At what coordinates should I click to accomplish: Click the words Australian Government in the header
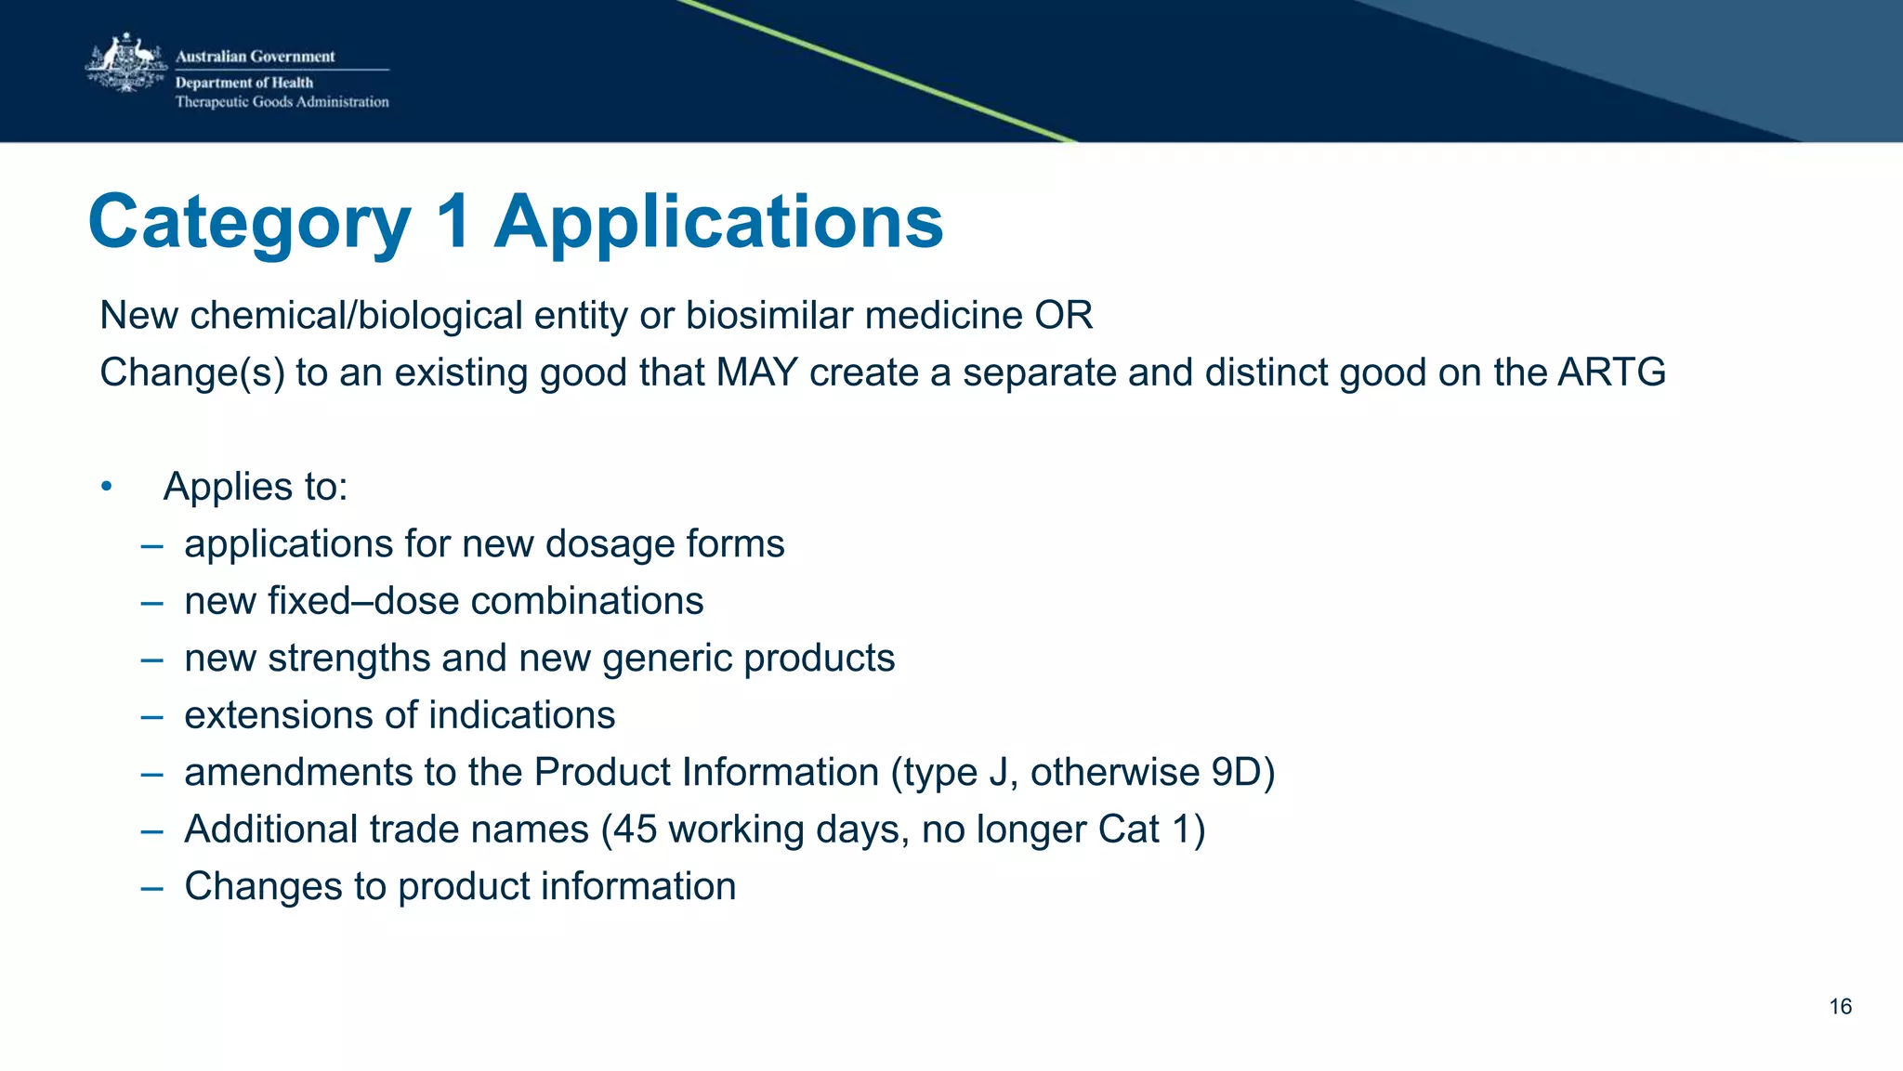click(255, 57)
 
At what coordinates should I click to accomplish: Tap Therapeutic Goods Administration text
click(282, 102)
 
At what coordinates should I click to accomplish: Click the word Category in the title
click(249, 222)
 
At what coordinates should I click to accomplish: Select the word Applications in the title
click(718, 222)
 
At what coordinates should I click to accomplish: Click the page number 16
click(1840, 1007)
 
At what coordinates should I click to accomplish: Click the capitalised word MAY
click(757, 372)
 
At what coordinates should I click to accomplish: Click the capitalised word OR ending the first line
click(1064, 316)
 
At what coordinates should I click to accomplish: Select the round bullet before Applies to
click(107, 487)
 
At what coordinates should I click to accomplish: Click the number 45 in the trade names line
click(636, 829)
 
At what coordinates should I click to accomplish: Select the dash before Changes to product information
click(151, 887)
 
